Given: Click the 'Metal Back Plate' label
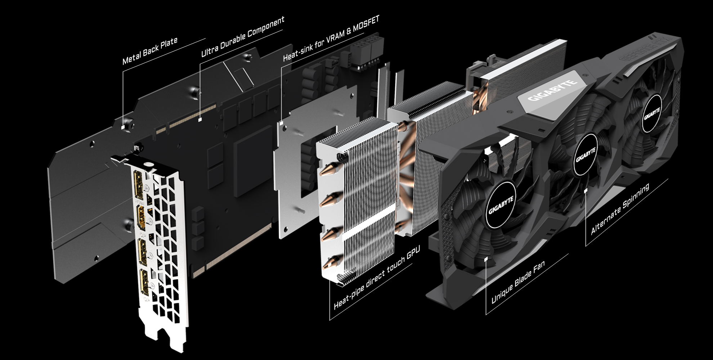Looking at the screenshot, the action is click(150, 51).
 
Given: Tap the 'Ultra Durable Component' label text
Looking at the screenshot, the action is click(243, 36).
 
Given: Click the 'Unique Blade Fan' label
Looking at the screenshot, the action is click(518, 282).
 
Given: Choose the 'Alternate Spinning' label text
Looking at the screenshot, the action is click(620, 208).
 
